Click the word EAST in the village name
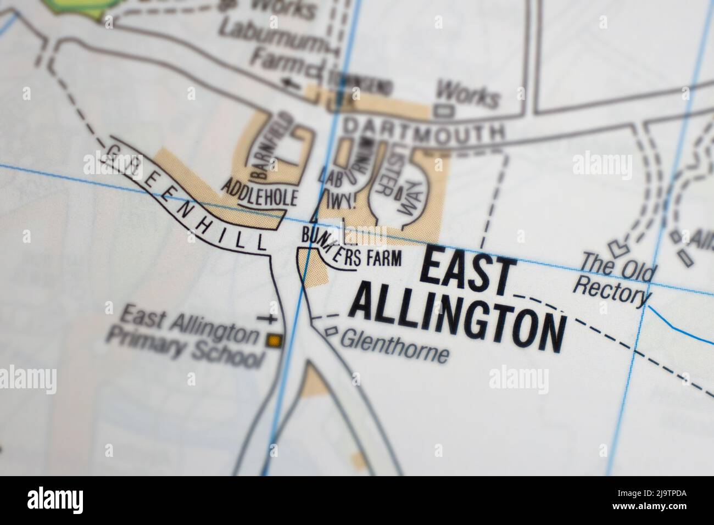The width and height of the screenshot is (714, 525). point(470,272)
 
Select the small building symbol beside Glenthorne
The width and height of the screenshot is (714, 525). point(331,331)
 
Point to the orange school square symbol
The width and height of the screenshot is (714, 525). point(273,341)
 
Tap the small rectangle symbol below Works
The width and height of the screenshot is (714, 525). point(444,110)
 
